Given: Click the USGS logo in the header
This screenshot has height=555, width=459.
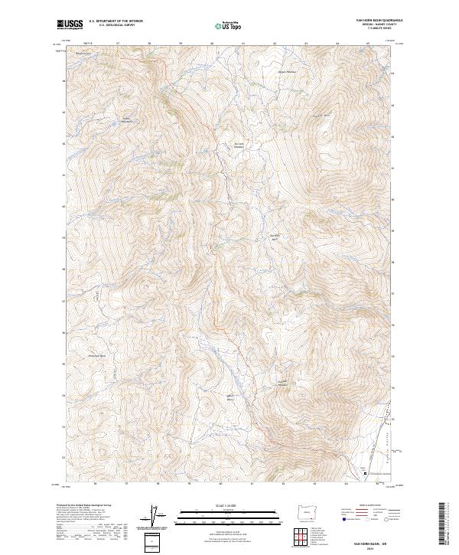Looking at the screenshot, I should pos(70,25).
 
